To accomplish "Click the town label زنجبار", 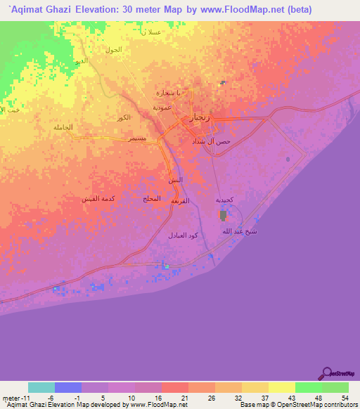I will point(201,119).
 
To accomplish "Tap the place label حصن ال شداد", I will point(211,142).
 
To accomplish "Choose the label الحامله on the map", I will point(63,127).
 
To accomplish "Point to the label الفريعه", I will point(181,201).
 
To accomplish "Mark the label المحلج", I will point(152,200).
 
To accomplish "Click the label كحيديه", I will point(224,200).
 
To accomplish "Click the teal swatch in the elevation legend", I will point(41,387).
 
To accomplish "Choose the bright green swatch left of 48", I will point(308,387).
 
